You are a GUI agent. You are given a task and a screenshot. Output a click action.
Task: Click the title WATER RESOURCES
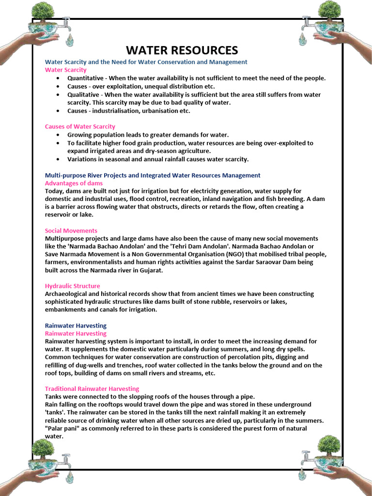pyautogui.click(x=182, y=50)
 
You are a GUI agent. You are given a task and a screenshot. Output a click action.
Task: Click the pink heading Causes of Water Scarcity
pyautogui.click(x=80, y=126)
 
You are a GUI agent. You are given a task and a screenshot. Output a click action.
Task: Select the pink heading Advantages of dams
pyautogui.click(x=74, y=183)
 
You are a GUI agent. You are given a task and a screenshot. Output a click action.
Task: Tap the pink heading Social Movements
pyautogui.click(x=71, y=231)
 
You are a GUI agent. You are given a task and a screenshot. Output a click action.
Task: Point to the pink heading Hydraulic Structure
pyautogui.click(x=73, y=286)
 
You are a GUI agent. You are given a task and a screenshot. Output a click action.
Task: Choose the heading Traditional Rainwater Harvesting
pyautogui.click(x=92, y=388)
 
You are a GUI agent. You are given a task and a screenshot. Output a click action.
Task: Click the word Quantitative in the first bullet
pyautogui.click(x=85, y=78)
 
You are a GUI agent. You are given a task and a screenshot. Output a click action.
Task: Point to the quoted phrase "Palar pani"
pyautogui.click(x=63, y=428)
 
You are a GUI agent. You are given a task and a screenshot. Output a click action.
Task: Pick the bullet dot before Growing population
pyautogui.click(x=58, y=135)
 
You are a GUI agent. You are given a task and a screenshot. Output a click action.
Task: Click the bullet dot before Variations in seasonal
pyautogui.click(x=58, y=159)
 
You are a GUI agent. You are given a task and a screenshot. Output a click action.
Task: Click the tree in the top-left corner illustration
pyautogui.click(x=43, y=12)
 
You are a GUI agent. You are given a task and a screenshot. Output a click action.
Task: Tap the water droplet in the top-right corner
pyautogui.click(x=303, y=38)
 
